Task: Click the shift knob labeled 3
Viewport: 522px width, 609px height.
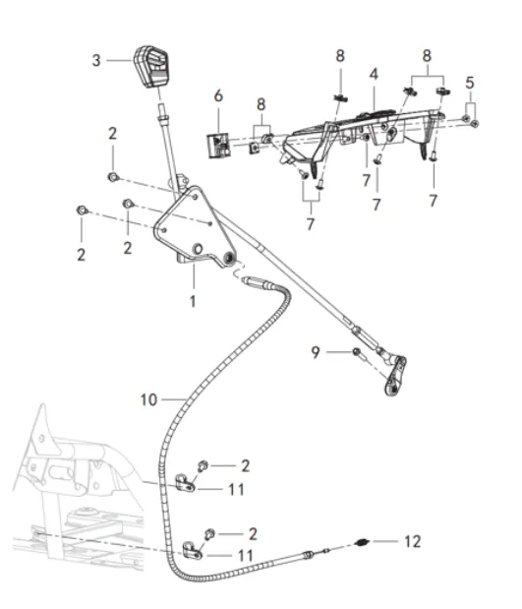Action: tap(151, 67)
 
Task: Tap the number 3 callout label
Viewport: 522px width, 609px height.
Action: tap(96, 61)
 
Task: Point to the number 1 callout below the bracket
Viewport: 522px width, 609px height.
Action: tap(193, 301)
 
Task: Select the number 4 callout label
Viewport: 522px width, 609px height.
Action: tap(374, 74)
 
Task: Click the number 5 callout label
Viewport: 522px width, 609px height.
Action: tap(470, 83)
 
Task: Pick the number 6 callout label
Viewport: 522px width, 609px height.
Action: tap(218, 95)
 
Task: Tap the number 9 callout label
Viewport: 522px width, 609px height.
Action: tap(316, 352)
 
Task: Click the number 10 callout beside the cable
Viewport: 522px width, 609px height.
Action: tap(148, 399)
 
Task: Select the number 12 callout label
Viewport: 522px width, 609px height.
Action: tap(412, 541)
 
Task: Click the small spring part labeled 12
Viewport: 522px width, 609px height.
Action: tap(362, 542)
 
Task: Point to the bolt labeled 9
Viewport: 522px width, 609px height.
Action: tap(357, 352)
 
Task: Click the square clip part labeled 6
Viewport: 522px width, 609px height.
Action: tap(218, 146)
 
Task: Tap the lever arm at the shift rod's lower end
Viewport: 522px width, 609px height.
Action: tap(395, 376)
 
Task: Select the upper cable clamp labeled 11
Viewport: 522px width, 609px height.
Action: tap(185, 483)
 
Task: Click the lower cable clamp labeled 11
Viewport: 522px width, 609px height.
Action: tap(192, 551)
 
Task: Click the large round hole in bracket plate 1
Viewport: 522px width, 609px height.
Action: tap(198, 249)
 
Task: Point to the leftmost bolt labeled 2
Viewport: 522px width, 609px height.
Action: tap(82, 211)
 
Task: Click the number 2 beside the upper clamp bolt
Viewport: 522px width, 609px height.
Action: tap(246, 466)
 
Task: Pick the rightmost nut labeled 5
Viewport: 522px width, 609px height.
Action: tap(475, 124)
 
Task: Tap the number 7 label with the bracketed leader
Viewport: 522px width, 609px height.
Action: tap(310, 224)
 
